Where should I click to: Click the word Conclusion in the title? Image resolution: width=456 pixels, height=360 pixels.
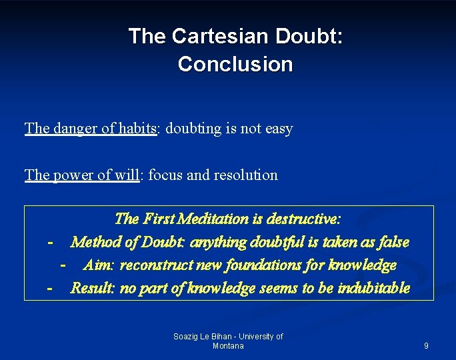(x=235, y=64)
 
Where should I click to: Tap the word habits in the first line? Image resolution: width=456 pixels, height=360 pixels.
(x=136, y=128)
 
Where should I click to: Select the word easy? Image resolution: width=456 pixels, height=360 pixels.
(x=279, y=129)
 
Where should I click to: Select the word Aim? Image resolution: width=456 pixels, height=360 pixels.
(x=99, y=265)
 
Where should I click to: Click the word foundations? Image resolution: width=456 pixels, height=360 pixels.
(x=257, y=265)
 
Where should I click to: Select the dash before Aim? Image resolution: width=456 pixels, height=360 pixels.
(x=63, y=265)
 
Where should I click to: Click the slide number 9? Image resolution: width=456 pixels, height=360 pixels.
(x=426, y=346)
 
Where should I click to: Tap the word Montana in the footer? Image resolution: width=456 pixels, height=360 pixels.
(x=228, y=346)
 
